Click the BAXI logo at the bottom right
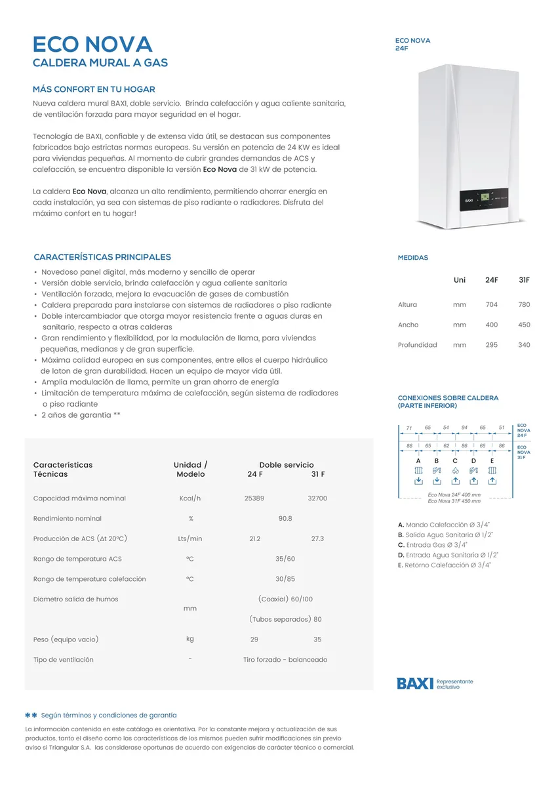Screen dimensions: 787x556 (415, 683)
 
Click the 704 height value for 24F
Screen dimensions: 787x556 (491, 304)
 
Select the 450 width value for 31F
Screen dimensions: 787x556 (524, 325)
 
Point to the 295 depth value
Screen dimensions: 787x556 (491, 345)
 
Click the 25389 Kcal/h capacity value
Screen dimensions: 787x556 (254, 498)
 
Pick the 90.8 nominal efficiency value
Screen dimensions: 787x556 (285, 519)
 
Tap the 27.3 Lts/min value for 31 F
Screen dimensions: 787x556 (317, 538)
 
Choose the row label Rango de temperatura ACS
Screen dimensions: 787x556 (77, 559)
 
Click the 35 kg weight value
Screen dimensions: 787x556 (317, 639)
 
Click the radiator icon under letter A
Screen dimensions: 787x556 (418, 471)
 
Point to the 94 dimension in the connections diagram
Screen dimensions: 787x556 (464, 428)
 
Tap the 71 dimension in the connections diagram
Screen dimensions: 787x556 (409, 428)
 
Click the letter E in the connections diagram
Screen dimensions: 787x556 (492, 461)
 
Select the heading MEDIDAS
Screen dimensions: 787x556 (413, 258)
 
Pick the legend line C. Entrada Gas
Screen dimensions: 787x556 (433, 545)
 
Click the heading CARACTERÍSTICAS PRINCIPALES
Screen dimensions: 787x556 (102, 257)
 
